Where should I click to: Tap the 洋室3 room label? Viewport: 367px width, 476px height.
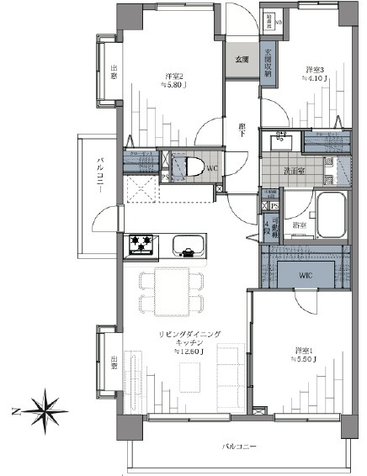pos(313,70)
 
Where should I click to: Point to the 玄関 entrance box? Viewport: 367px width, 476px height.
pos(242,59)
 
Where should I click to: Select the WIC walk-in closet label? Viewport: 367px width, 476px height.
pos(305,276)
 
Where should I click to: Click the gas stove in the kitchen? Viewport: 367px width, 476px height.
pos(141,246)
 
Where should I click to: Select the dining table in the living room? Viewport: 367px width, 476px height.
pos(171,291)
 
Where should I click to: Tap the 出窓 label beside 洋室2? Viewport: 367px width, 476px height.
pos(114,72)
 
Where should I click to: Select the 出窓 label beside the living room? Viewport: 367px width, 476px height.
pos(114,362)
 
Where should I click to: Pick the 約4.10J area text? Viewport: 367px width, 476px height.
pos(313,80)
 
